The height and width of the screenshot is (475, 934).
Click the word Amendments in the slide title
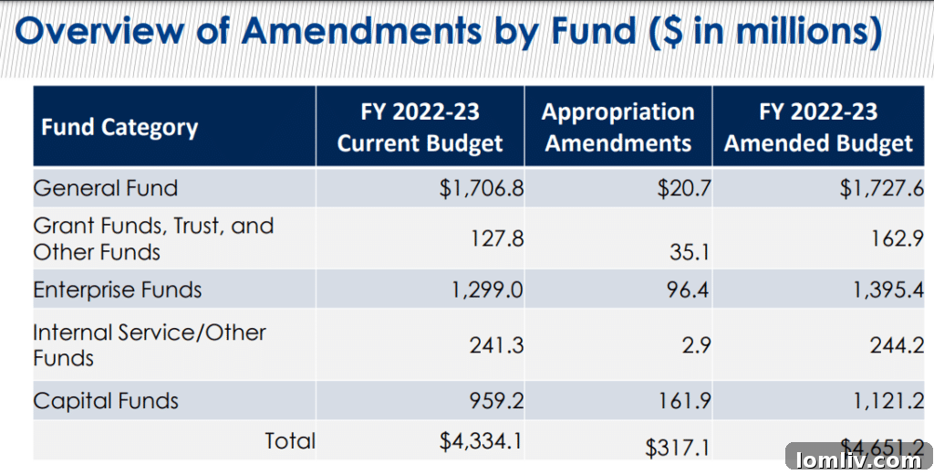click(x=361, y=30)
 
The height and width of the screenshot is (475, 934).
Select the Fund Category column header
click(x=119, y=127)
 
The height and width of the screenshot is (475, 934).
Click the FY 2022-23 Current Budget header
click(x=420, y=127)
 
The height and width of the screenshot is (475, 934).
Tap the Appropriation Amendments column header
click(x=618, y=127)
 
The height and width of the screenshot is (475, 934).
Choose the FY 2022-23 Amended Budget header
click(x=818, y=127)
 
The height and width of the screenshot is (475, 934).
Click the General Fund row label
click(x=106, y=188)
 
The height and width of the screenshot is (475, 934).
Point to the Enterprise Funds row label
click(x=118, y=290)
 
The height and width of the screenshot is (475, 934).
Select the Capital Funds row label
click(x=106, y=400)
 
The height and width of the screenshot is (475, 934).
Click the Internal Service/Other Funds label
click(x=150, y=343)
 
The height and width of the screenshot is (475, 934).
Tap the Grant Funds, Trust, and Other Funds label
click(x=153, y=237)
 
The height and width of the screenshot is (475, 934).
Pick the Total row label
click(x=290, y=441)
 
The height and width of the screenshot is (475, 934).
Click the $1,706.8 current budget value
click(x=482, y=189)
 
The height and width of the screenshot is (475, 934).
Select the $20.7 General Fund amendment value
click(x=683, y=189)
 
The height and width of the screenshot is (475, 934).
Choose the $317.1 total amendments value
click(x=678, y=448)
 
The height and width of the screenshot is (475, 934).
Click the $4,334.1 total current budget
click(x=481, y=442)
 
